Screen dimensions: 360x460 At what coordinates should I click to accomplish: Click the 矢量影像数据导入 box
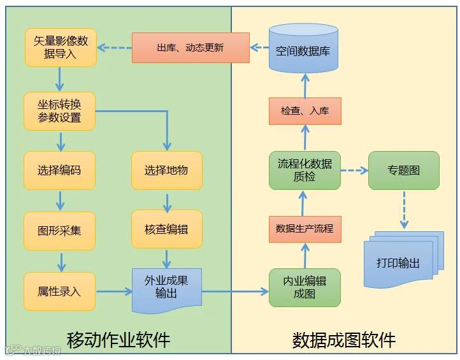pos(61,48)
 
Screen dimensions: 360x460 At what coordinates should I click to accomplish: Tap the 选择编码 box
pos(59,170)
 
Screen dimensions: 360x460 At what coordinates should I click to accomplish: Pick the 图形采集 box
pos(59,231)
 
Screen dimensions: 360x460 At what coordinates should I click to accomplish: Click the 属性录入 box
pos(59,291)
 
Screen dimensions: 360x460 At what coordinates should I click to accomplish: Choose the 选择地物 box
pos(166,170)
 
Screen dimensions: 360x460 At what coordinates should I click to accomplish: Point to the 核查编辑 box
pos(166,229)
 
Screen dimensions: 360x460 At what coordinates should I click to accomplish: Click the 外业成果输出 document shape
pos(166,288)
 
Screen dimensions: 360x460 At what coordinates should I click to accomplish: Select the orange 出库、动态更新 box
pos(190,48)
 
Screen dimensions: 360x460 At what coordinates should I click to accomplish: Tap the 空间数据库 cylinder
pos(303,48)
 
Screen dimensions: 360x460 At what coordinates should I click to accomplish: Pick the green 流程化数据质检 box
pos(305,170)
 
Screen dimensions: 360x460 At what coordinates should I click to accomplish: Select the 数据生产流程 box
pos(305,228)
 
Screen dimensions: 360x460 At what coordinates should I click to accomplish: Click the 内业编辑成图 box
pos(305,288)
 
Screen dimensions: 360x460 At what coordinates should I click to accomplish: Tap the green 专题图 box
pos(404,170)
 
